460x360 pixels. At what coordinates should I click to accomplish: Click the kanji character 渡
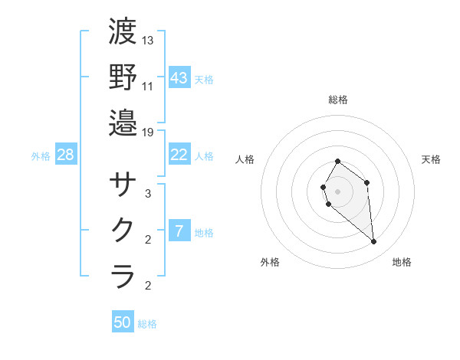pyautogui.click(x=123, y=31)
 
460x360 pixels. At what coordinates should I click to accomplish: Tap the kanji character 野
pyautogui.click(x=123, y=77)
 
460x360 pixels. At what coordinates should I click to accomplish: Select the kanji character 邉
pyautogui.click(x=123, y=122)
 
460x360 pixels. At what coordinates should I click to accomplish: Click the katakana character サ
pyautogui.click(x=123, y=185)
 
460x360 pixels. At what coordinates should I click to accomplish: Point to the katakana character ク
pyautogui.click(x=123, y=230)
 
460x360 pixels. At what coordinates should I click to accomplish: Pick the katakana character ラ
pyautogui.click(x=123, y=275)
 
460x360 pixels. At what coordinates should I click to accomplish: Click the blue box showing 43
pyautogui.click(x=179, y=77)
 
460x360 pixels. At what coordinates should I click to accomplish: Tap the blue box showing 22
pyautogui.click(x=179, y=155)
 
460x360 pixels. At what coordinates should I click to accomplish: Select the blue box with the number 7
pyautogui.click(x=179, y=231)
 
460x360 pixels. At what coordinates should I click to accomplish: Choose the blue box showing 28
pyautogui.click(x=66, y=155)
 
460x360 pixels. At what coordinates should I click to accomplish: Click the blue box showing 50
pyautogui.click(x=123, y=322)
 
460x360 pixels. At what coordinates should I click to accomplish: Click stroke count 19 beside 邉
pyautogui.click(x=148, y=132)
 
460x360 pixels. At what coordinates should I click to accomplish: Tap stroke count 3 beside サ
pyautogui.click(x=148, y=194)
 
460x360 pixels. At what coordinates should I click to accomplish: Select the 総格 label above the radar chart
pyautogui.click(x=338, y=100)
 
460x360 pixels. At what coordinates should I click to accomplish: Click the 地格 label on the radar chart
pyautogui.click(x=402, y=262)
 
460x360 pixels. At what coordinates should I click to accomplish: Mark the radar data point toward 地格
pyautogui.click(x=374, y=242)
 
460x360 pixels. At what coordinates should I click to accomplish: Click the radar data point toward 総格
pyautogui.click(x=338, y=162)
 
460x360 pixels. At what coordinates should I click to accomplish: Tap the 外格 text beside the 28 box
pyautogui.click(x=41, y=156)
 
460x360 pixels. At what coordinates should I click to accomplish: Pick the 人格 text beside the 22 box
pyautogui.click(x=204, y=156)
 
